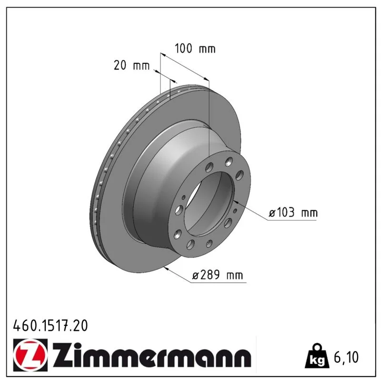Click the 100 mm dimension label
click(195, 49)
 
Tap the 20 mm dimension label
click(131, 66)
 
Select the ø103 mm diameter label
click(293, 212)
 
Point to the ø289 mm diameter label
click(218, 275)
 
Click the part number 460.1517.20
click(50, 326)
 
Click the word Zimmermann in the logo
click(152, 355)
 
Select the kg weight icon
click(317, 356)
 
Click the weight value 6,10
click(346, 357)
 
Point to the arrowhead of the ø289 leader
click(166, 268)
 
